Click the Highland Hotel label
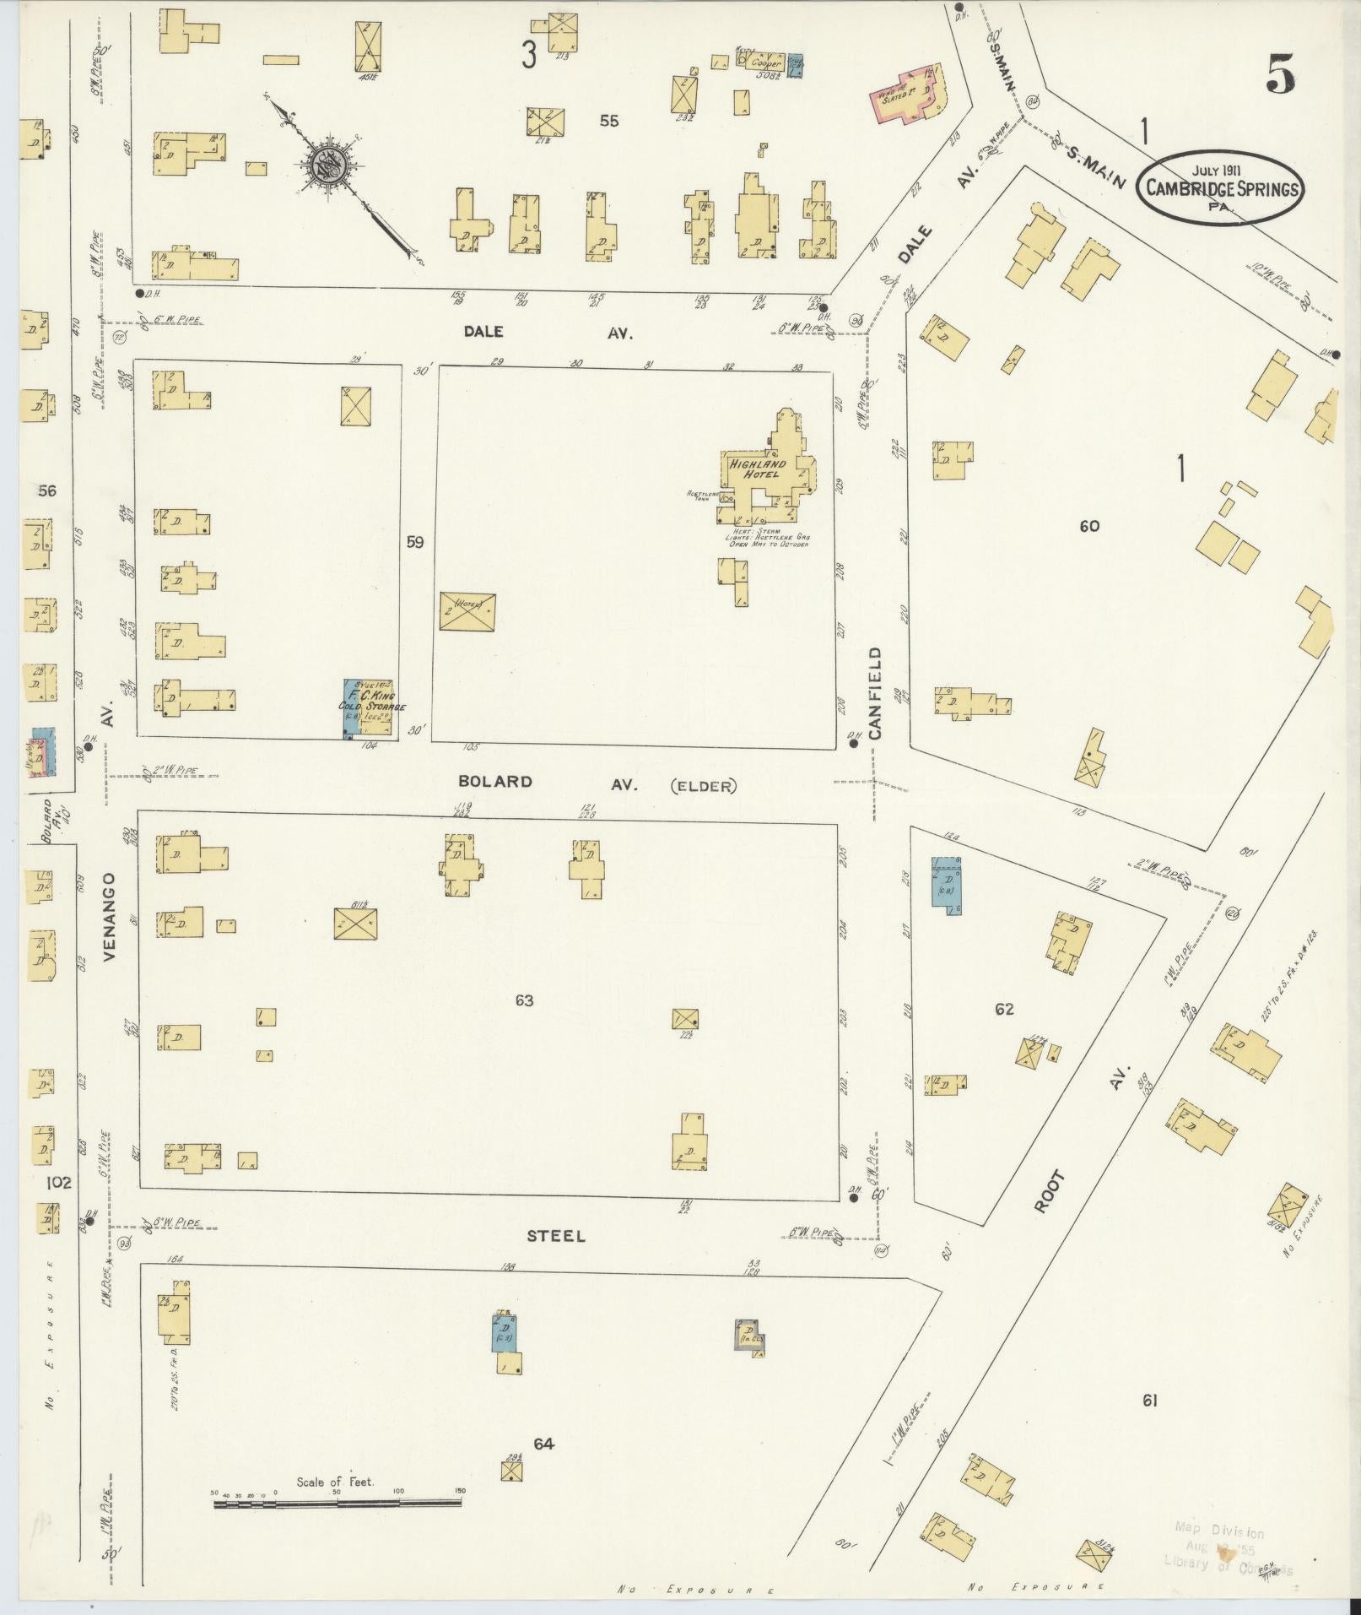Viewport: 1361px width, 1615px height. pyautogui.click(x=758, y=469)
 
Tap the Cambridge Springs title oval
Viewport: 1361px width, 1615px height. pyautogui.click(x=1221, y=187)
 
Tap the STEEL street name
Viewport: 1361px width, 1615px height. pyautogui.click(x=556, y=1236)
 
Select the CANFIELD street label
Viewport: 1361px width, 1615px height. pyautogui.click(x=875, y=694)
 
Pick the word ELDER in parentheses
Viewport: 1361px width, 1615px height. pyautogui.click(x=703, y=785)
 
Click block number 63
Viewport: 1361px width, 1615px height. pyautogui.click(x=524, y=1001)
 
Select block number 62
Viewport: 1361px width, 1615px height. pyautogui.click(x=1004, y=1009)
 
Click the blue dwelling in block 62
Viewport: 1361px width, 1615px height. pyautogui.click(x=946, y=881)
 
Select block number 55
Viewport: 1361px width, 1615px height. pyautogui.click(x=608, y=121)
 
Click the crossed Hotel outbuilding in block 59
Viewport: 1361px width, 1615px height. pyautogui.click(x=467, y=611)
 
